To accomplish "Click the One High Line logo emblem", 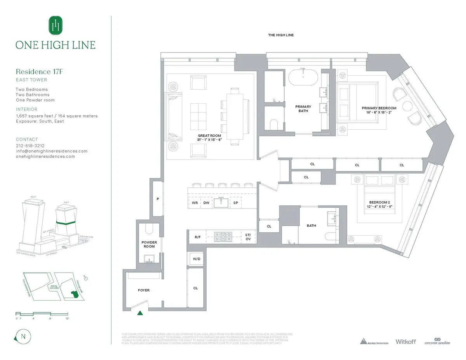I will point(56,25).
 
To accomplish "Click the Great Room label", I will point(209,138).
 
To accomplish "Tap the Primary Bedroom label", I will point(379,110).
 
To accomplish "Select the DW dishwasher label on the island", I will point(206,203).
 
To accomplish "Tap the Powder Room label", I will point(149,244).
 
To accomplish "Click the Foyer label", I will point(144,290).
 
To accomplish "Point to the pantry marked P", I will point(158,198).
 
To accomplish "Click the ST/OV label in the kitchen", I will point(248,237).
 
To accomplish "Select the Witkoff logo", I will point(405,341).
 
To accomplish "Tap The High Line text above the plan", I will point(281,35).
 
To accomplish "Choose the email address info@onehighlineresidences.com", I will point(52,151).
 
